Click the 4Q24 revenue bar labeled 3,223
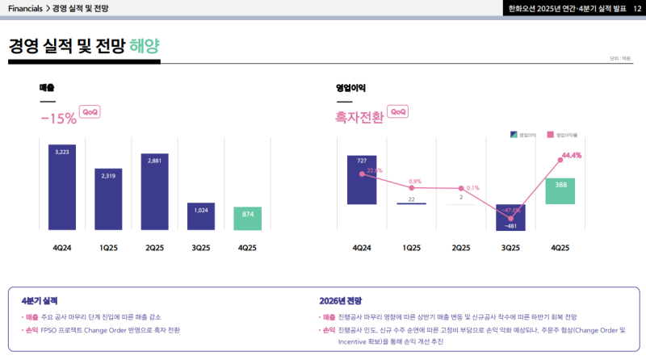[x=62, y=186]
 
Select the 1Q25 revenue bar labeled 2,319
[x=108, y=199]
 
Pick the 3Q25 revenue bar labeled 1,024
[x=201, y=216]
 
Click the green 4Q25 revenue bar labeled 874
[x=248, y=218]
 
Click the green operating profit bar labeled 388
[x=560, y=191]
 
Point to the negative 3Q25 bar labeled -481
[x=510, y=218]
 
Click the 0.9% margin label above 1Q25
[x=415, y=181]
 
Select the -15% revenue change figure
[x=58, y=118]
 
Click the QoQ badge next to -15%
[x=90, y=112]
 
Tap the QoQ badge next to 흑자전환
[x=398, y=112]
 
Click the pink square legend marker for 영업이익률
[x=550, y=135]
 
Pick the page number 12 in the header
[x=637, y=8]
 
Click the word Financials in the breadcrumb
[x=25, y=8]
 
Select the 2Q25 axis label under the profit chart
[x=460, y=247]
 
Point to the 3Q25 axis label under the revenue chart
[x=201, y=247]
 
